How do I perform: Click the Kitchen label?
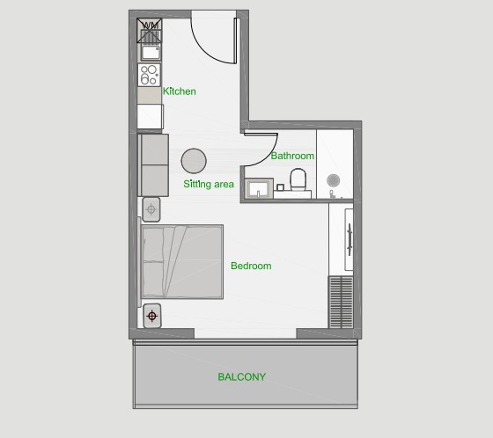(180, 91)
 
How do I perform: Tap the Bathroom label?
(292, 156)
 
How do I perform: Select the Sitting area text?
(209, 184)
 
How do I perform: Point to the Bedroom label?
(251, 266)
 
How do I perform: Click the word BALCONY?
(242, 376)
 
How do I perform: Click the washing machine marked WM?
(150, 31)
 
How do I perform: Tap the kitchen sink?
(151, 53)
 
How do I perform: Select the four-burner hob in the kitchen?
(149, 75)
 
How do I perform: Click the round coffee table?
(194, 161)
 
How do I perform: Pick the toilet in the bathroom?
(298, 179)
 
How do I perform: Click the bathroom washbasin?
(259, 188)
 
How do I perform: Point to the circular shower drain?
(334, 180)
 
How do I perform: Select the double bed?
(182, 262)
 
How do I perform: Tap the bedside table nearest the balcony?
(152, 316)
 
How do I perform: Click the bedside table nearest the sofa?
(151, 209)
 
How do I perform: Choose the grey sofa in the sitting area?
(153, 165)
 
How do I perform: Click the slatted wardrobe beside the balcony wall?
(341, 302)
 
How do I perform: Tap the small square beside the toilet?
(280, 187)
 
